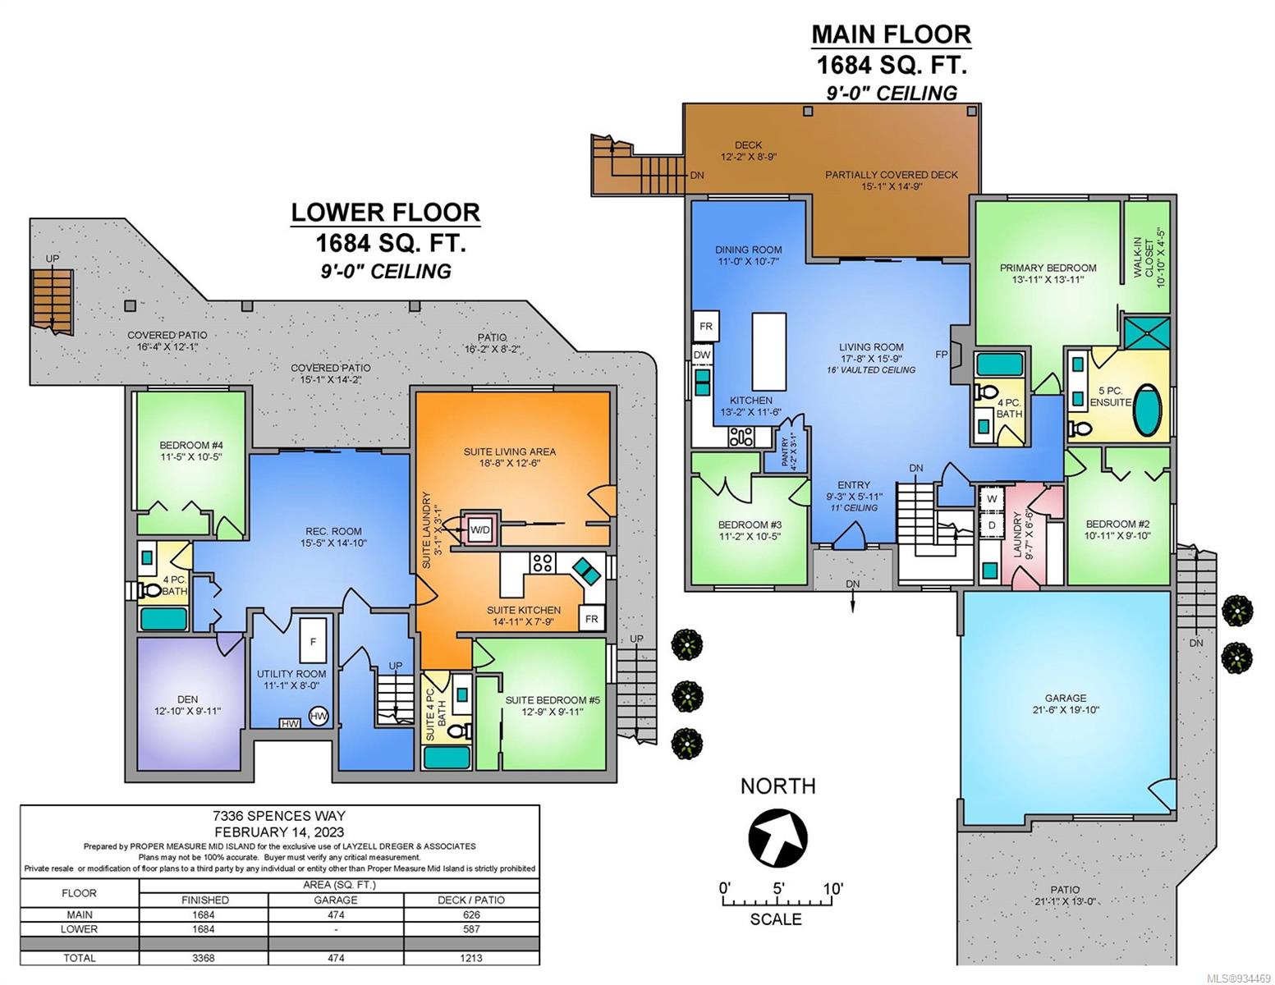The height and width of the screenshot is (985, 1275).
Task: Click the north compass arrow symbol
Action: pos(777,836)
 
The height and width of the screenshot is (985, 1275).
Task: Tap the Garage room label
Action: pos(1065,703)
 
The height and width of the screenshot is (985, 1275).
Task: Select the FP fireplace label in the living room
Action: pos(941,355)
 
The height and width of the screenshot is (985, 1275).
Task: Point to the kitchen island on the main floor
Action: pos(768,351)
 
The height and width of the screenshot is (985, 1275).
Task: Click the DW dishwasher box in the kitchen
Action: pos(702,355)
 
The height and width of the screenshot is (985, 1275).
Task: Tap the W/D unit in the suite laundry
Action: pos(480,529)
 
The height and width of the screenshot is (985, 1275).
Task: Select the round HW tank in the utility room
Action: pos(318,716)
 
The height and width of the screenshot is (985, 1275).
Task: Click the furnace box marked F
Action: pos(313,640)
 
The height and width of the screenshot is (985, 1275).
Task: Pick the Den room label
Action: pos(188,704)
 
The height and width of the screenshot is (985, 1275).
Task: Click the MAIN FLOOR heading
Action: pos(892,34)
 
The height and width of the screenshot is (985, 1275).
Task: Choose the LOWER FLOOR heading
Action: pos(386,213)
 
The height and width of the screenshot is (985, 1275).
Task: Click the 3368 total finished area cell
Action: pos(204,958)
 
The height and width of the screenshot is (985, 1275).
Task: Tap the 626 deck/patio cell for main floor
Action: pos(471,914)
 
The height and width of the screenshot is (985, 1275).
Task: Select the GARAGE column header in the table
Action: pos(336,900)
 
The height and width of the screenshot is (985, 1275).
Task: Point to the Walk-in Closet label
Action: pos(1149,257)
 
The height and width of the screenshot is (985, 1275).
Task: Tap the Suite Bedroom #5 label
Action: pos(553,706)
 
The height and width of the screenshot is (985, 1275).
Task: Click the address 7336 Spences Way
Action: pos(278,815)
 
